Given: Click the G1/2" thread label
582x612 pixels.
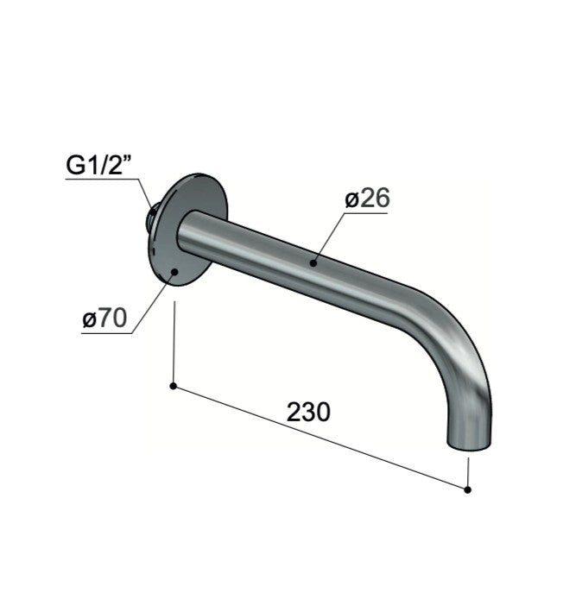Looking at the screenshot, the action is pos(98,165).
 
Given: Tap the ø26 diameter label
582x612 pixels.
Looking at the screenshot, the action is pos(367,199).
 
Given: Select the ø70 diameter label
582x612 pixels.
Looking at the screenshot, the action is pos(104,319).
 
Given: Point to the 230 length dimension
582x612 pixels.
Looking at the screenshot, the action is pos(308,412).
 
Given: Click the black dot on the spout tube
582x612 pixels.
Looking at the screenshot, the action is pos(313,263).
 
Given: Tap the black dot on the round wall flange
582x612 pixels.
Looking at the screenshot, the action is pos(174,272).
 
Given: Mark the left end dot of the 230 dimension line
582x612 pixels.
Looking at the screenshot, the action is pos(174,387).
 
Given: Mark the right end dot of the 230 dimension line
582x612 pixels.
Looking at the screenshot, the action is pos(468,489).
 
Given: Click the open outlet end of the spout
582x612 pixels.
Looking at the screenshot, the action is pos(468,445).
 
